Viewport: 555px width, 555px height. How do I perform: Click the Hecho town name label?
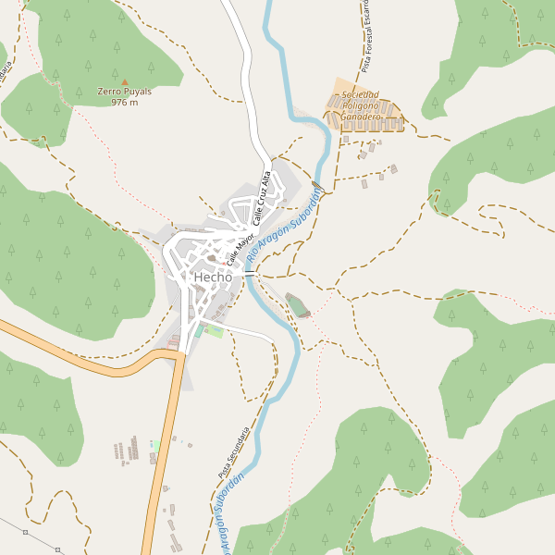point(212,277)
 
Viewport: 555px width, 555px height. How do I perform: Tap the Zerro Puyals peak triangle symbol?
point(125,81)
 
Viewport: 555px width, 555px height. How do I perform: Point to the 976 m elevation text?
point(124,102)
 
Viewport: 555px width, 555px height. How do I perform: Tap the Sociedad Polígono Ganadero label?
point(361,106)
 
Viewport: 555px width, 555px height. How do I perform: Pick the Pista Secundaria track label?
point(235,452)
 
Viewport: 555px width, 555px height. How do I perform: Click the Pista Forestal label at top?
point(366,37)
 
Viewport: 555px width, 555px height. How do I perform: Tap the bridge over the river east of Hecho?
point(250,274)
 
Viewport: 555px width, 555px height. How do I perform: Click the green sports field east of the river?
point(297,304)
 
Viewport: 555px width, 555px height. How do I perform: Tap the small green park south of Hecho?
point(215,331)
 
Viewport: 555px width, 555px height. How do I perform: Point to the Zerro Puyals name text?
point(124,92)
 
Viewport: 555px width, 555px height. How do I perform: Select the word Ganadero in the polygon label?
point(361,117)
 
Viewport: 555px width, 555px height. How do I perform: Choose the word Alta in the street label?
point(267,179)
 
